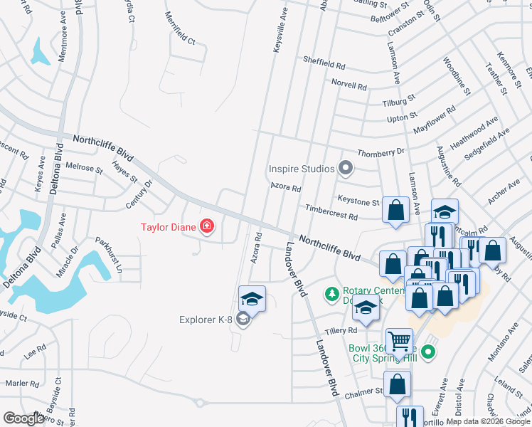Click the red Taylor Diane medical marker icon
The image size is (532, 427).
click(207, 227)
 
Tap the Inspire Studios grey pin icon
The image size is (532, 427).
click(346, 169)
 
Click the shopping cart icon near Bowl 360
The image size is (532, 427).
click(399, 341)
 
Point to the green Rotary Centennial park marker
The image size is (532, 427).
click(331, 292)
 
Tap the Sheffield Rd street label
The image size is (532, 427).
click(324, 63)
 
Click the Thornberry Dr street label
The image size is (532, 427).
click(381, 152)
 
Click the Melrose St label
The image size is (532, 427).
click(85, 168)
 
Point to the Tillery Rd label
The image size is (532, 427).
click(342, 332)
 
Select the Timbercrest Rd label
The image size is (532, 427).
click(331, 212)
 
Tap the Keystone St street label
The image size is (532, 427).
click(358, 202)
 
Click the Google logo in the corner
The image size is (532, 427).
click(24, 418)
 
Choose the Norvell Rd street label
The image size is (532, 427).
click(349, 85)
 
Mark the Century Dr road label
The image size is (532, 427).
click(139, 194)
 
